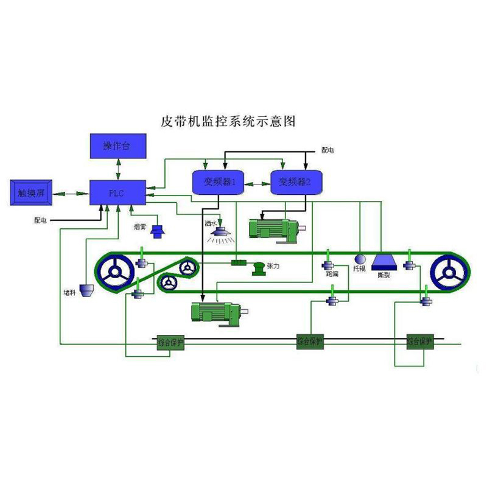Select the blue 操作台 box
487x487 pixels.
tap(118, 146)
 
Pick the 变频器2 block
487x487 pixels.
tap(295, 181)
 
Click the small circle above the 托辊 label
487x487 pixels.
tap(359, 258)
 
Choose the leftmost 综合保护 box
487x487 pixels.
tap(170, 342)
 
